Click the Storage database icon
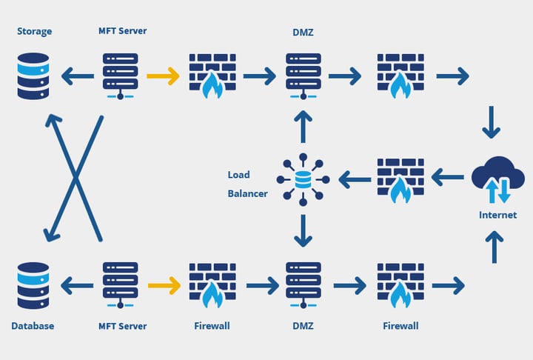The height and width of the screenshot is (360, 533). pyautogui.click(x=33, y=75)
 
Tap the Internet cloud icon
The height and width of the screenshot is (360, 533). pyautogui.click(x=498, y=180)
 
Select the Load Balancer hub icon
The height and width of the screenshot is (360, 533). pyautogui.click(x=302, y=179)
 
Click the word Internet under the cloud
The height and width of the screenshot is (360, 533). pyautogui.click(x=497, y=216)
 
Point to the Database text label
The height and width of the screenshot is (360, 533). pyautogui.click(x=33, y=326)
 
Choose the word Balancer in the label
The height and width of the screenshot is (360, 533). pyautogui.click(x=247, y=194)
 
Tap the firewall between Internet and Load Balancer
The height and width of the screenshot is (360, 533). pyautogui.click(x=400, y=179)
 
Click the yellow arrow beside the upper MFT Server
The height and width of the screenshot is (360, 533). pyautogui.click(x=163, y=76)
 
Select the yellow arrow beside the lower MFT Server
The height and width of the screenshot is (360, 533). pyautogui.click(x=164, y=284)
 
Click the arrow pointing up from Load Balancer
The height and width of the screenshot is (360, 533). pyautogui.click(x=302, y=127)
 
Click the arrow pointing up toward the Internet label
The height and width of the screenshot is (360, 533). pyautogui.click(x=494, y=247)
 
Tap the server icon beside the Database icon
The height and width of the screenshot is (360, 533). pyautogui.click(x=121, y=284)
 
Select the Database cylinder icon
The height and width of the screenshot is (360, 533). pyautogui.click(x=33, y=284)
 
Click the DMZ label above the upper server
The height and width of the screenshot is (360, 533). pyautogui.click(x=303, y=30)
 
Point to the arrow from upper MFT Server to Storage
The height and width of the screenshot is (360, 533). pyautogui.click(x=78, y=76)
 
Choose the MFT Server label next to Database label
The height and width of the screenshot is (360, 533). pyautogui.click(x=123, y=326)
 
